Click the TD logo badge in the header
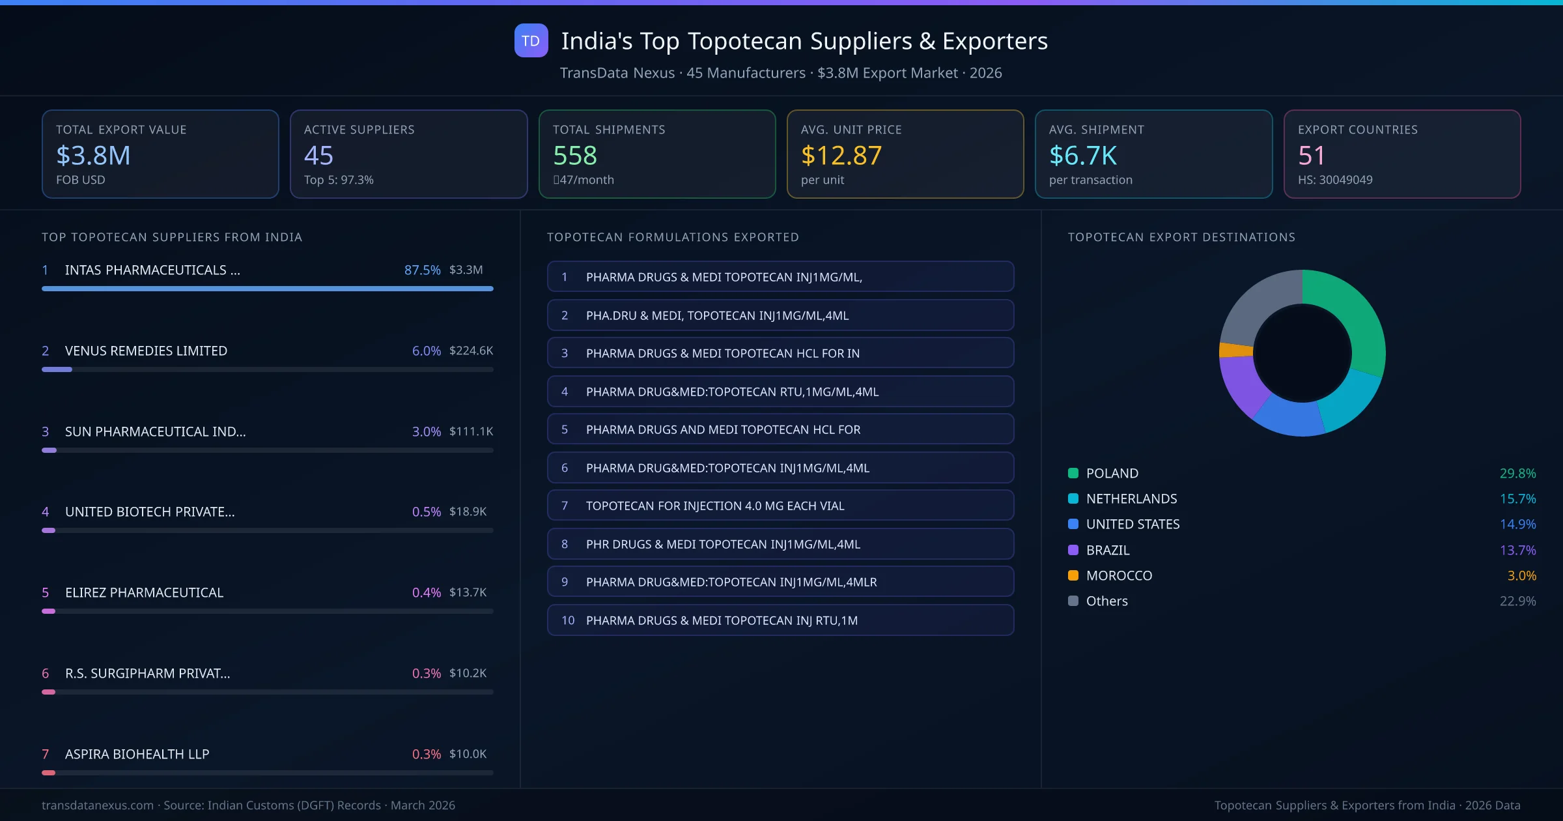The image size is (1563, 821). pos(531,41)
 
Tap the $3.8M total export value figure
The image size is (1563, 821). pos(93,155)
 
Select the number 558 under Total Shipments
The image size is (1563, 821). pos(574,155)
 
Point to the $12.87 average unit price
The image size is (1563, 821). pos(841,155)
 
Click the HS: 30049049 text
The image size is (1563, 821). pos(1334,180)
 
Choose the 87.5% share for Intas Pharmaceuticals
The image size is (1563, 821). pos(422,270)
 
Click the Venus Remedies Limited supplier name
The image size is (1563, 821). pos(146,351)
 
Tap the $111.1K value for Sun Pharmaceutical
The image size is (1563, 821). pos(471,431)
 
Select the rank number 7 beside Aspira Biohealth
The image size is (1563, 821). pos(46,754)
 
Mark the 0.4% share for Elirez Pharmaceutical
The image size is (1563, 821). pos(426,592)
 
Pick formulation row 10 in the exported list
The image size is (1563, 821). pos(780,620)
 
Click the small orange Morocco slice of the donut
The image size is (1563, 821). pos(1235,350)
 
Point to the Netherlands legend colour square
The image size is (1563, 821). pos(1073,498)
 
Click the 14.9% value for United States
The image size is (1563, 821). pos(1517,524)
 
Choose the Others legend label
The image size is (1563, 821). pos(1106,601)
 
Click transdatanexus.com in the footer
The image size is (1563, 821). pos(98,805)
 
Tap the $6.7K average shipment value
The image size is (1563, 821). pos(1082,155)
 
